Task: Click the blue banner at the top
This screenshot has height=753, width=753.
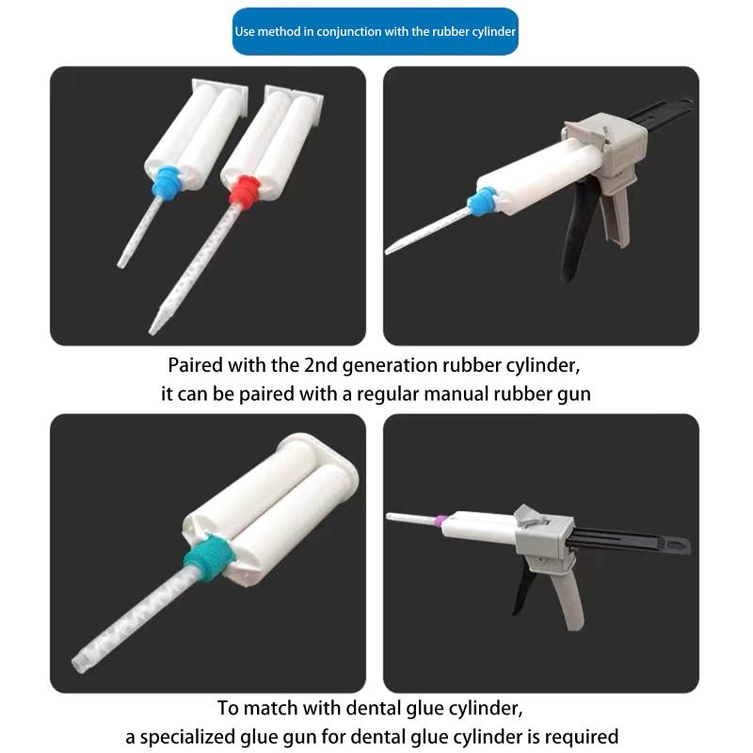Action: coord(376,31)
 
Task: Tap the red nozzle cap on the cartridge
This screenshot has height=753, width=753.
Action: coord(241,191)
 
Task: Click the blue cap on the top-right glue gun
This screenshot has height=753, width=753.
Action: coord(483,200)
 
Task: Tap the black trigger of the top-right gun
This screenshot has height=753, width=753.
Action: coord(576,235)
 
